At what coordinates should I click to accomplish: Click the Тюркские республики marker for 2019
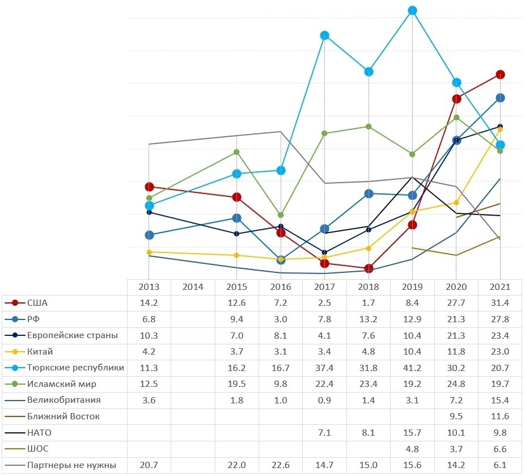[413, 10]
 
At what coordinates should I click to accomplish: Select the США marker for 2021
[500, 74]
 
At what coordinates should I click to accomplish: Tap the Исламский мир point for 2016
[281, 215]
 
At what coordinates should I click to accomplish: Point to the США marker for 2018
[369, 268]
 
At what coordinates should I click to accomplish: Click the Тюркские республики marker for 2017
[325, 35]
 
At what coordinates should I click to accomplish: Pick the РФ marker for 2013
[149, 235]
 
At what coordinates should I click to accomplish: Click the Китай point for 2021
[500, 129]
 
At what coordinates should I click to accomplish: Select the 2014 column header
[193, 287]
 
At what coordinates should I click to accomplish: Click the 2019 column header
[413, 287]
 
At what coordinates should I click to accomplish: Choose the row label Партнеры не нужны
[71, 465]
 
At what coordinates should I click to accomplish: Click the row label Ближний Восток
[63, 416]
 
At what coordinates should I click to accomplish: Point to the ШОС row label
[37, 449]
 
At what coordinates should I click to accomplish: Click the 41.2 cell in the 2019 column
[413, 367]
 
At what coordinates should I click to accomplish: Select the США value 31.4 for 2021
[500, 302]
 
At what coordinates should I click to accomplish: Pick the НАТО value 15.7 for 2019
[413, 433]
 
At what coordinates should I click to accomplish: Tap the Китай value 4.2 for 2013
[149, 351]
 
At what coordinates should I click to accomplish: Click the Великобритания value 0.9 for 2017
[325, 400]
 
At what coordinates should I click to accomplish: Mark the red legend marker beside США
[16, 302]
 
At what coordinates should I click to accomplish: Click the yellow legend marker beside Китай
[16, 351]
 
